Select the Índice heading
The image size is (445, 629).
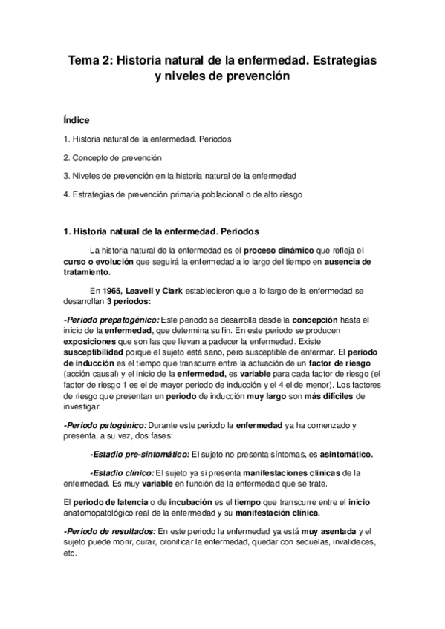click(x=78, y=119)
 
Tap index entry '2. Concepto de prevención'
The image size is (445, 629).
click(x=112, y=157)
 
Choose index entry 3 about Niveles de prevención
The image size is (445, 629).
click(x=180, y=176)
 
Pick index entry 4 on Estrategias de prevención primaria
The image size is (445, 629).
click(x=183, y=194)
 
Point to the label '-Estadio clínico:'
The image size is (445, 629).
click(x=121, y=472)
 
